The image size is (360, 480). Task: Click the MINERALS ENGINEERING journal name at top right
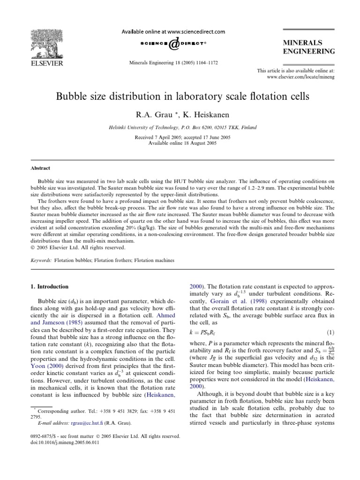point(308,47)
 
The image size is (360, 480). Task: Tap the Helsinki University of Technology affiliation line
point(180,127)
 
